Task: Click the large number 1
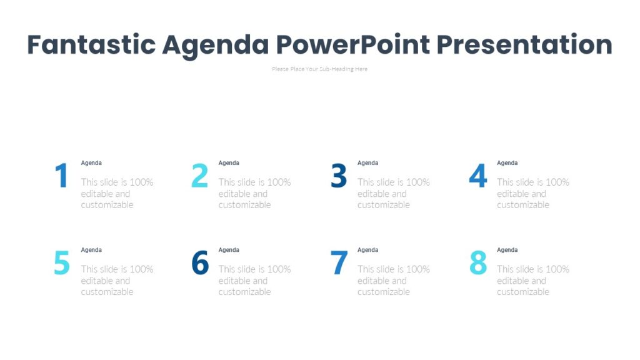point(61,176)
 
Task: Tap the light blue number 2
point(199,176)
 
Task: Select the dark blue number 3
point(338,176)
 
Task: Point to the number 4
point(477,176)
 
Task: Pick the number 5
point(61,263)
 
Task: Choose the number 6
point(199,263)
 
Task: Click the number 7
point(338,263)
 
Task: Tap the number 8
point(477,263)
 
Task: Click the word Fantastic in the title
point(91,45)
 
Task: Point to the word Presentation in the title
point(524,45)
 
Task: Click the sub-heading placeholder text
point(319,69)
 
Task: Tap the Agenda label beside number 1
point(91,163)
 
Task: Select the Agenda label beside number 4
point(507,163)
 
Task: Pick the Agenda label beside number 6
point(229,250)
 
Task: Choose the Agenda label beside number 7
point(367,250)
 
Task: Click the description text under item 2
point(254,194)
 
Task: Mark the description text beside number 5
point(117,281)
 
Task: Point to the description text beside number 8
point(533,281)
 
